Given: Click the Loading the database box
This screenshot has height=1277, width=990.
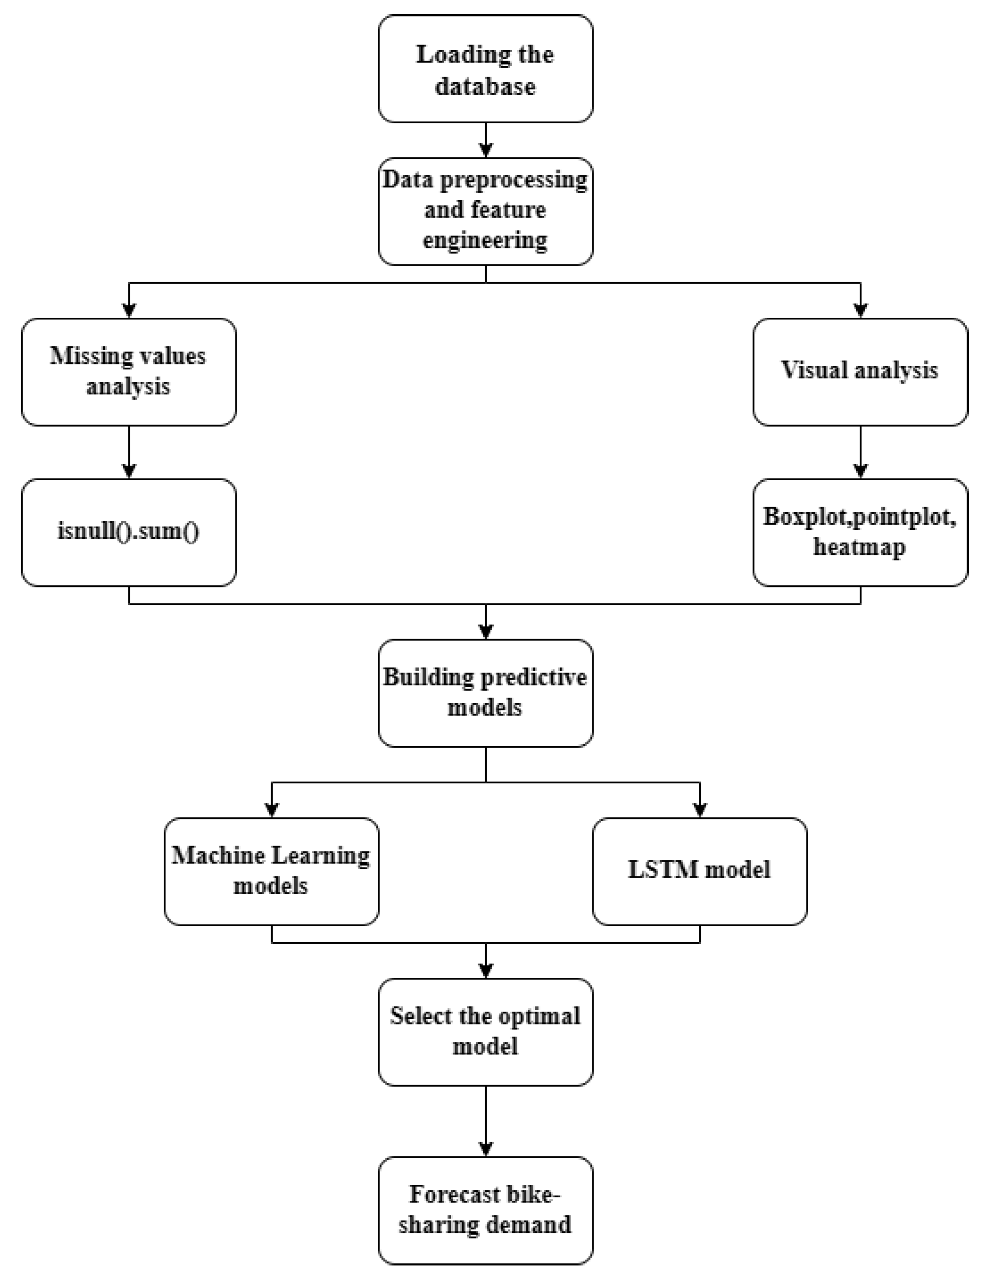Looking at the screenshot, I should pos(485,69).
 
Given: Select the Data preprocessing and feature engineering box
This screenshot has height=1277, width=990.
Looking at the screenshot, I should pos(485,211).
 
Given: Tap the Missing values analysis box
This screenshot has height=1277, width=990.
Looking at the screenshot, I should pos(129,372).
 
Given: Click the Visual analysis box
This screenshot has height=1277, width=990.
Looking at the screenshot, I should pos(860,372).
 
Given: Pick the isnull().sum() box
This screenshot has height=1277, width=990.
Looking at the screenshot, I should pos(129,533).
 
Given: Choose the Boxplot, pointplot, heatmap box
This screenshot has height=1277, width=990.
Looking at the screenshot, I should pos(860,533).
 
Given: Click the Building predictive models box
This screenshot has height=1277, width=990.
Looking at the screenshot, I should pos(485,693).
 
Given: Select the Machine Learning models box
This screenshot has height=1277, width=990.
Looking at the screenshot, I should pos(271,871).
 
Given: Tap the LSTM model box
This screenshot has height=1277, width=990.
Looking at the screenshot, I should pos(700,871).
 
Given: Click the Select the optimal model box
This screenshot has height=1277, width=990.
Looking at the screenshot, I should pos(485,1032).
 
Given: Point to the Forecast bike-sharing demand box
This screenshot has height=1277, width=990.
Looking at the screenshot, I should pos(485,1210).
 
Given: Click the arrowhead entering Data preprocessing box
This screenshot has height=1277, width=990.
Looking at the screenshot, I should pos(486,150).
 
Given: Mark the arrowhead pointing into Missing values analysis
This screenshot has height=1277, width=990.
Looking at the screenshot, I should pos(129,311).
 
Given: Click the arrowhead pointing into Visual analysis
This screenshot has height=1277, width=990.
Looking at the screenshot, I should pos(860,311).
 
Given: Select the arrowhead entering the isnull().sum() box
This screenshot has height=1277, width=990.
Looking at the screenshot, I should pos(129,471).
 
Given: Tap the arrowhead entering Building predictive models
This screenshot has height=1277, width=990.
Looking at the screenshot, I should pos(486,631).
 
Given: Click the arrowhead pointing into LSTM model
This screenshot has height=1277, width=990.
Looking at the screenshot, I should pos(700,810).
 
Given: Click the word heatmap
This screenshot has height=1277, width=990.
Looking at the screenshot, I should pos(859,547).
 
